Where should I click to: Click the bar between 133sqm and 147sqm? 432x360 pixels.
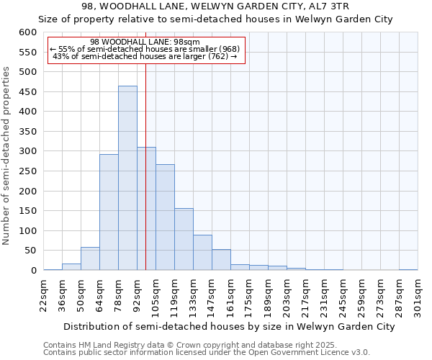point(202,253)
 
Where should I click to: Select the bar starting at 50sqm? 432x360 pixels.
point(90,258)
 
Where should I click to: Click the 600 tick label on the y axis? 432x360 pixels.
point(27,32)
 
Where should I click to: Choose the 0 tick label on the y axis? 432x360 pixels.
point(32,271)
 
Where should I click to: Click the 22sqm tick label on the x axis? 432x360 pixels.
point(43,293)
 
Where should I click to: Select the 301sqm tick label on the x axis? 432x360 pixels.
point(418,293)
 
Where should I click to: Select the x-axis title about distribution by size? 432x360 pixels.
point(219,326)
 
